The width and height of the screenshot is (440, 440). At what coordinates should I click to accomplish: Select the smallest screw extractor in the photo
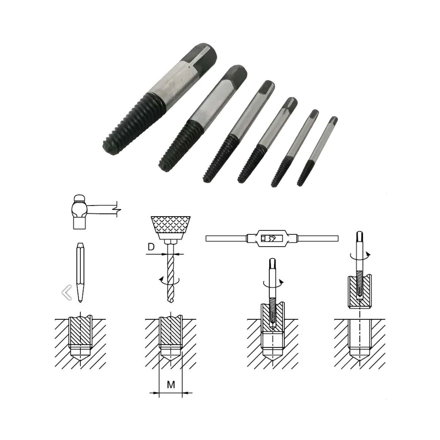pos(317,151)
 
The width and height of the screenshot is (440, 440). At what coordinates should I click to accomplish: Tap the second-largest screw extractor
pos(202,117)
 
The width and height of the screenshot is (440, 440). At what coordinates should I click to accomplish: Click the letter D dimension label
pos(151,247)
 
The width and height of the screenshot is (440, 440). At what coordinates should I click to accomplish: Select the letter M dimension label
pos(171,384)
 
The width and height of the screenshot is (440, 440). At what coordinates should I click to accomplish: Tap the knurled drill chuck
pos(170,227)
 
